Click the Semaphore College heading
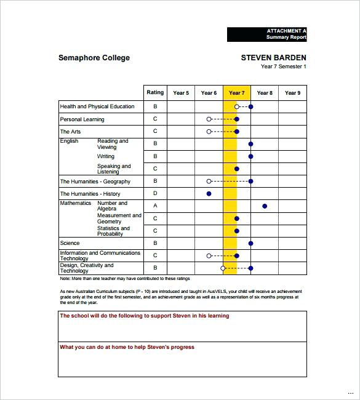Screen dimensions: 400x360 (94, 58)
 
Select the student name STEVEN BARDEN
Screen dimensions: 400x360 (273, 58)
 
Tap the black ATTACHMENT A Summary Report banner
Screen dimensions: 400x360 (266, 34)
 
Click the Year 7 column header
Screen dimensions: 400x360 (236, 93)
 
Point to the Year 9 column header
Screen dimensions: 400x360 (292, 93)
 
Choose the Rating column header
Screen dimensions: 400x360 (155, 93)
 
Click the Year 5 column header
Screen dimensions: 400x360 (181, 93)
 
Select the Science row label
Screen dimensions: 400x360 (70, 243)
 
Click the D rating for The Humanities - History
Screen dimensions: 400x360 (155, 194)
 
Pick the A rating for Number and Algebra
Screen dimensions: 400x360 (155, 206)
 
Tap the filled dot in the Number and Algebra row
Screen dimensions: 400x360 (265, 206)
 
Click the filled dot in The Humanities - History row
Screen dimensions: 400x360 (209, 194)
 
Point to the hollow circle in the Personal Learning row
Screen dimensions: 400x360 (209, 119)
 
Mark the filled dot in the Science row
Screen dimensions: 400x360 (250, 243)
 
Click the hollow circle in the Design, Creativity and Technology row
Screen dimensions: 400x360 (223, 268)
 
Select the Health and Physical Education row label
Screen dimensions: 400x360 (97, 106)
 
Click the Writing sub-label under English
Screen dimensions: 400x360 (106, 156)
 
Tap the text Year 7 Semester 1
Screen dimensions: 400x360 (283, 67)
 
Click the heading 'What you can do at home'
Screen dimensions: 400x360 (127, 347)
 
